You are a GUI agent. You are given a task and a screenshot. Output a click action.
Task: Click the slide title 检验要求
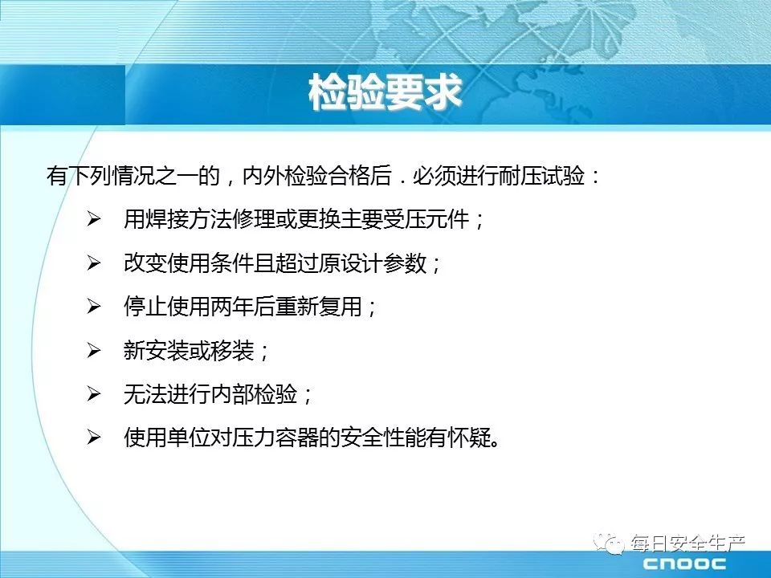click(385, 92)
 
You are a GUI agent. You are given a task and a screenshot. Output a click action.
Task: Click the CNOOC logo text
click(684, 564)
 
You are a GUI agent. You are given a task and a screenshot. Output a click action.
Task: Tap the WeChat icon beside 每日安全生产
click(609, 543)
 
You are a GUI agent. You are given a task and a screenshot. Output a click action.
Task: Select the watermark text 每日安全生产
click(688, 543)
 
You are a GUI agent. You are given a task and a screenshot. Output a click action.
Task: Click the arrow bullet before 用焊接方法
click(93, 219)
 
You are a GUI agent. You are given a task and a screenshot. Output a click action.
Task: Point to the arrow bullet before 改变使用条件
click(93, 263)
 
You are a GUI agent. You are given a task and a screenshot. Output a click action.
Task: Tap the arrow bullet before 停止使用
click(93, 307)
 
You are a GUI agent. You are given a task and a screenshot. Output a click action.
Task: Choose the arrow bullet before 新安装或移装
click(93, 351)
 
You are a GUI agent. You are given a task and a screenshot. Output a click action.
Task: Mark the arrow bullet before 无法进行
click(93, 393)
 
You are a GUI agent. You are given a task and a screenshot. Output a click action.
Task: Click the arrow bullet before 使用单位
click(93, 438)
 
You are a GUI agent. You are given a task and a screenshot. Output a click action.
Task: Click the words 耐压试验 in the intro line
click(541, 176)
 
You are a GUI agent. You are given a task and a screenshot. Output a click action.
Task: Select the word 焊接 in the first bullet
click(167, 219)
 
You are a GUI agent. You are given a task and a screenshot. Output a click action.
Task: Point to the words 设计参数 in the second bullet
click(384, 263)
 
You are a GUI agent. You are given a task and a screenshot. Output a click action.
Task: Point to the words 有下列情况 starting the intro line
click(100, 176)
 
